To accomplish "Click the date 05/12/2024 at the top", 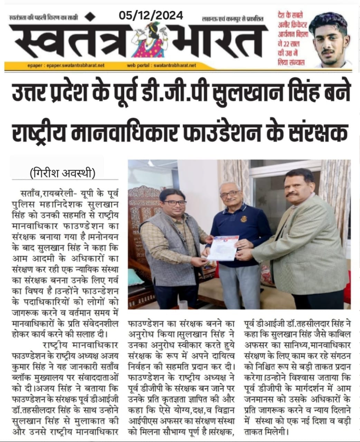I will pos(151,15).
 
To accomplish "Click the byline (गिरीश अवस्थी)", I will pos(63,172).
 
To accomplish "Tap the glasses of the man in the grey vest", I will pos(175,203).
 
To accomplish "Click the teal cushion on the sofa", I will pos(136,277).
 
